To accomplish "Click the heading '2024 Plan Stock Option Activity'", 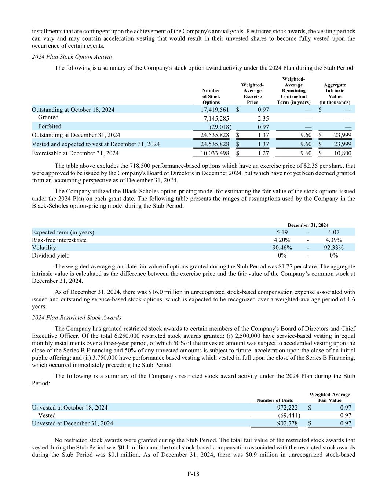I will point(73,57).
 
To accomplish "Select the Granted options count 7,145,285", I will point(216,118).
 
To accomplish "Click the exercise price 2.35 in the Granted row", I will point(263,118).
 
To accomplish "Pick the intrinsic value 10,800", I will point(342,153).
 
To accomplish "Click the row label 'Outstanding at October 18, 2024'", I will point(73,110).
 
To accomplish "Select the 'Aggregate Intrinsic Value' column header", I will point(335,94).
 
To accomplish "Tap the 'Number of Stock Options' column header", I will point(211,96).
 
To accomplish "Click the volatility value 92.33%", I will point(334,248).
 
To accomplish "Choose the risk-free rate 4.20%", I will point(282,240).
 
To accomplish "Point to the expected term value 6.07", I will point(334,232).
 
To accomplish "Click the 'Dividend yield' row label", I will point(51,255).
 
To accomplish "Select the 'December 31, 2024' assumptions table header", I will point(308,225).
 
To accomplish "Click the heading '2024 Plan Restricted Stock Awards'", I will point(77,318).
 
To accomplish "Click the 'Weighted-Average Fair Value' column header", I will point(329,397).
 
